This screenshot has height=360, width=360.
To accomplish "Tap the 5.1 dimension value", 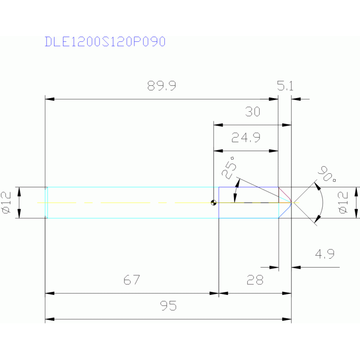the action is pyautogui.click(x=285, y=86).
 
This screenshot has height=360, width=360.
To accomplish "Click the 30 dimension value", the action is pyautogui.click(x=253, y=112).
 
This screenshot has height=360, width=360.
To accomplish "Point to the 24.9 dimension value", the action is pyautogui.click(x=246, y=138).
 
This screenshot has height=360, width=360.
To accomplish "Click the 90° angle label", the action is pyautogui.click(x=327, y=174).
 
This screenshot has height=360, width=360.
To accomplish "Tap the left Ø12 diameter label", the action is pyautogui.click(x=7, y=202).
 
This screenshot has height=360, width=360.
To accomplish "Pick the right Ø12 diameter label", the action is pyautogui.click(x=343, y=202).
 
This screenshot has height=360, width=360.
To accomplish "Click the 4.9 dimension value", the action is pyautogui.click(x=324, y=255).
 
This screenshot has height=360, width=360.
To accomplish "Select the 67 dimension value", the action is pyautogui.click(x=132, y=280).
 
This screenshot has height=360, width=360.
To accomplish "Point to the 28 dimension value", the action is pyautogui.click(x=254, y=280).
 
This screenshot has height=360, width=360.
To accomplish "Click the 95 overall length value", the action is pyautogui.click(x=168, y=306).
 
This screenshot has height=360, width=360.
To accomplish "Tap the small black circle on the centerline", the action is pyautogui.click(x=214, y=203).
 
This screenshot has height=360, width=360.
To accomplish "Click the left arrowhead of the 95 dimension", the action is pyautogui.click(x=49, y=319).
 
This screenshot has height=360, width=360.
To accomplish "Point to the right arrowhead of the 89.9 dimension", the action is pyautogui.click(x=274, y=99).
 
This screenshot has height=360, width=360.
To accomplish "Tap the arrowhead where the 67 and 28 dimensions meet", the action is pyautogui.click(x=219, y=293).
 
